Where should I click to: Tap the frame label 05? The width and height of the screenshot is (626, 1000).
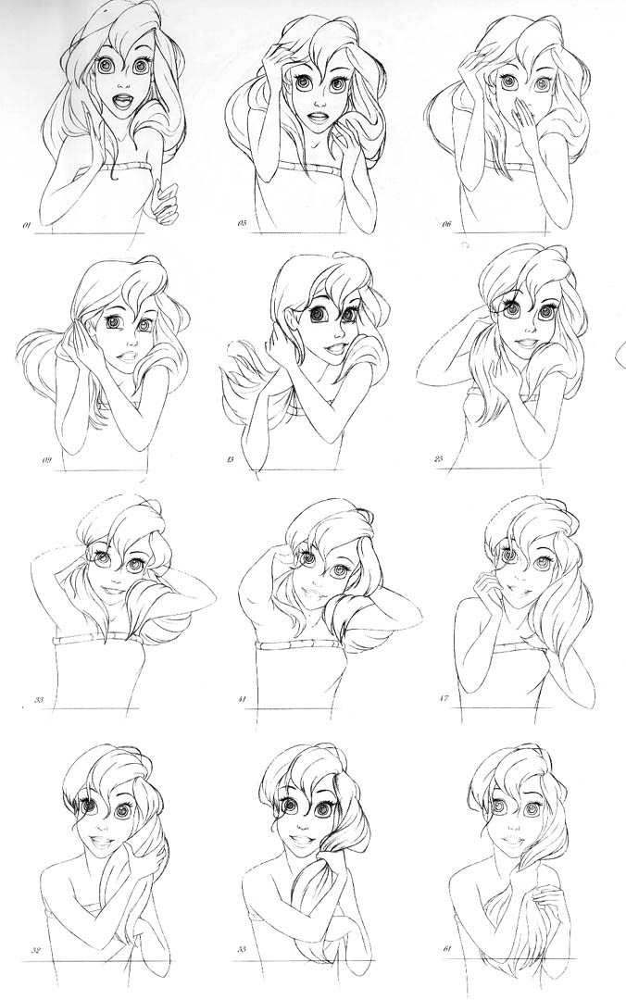pos(242,224)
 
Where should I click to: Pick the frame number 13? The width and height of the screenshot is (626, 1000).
pos(242,459)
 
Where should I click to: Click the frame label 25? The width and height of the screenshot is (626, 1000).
pos(439,458)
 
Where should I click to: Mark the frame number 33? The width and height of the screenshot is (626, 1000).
pos(38,700)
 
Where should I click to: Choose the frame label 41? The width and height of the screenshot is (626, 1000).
pos(242,700)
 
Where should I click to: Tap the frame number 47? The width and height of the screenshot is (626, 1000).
pos(444,699)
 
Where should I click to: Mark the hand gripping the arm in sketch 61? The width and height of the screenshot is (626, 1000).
pos(545,894)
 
